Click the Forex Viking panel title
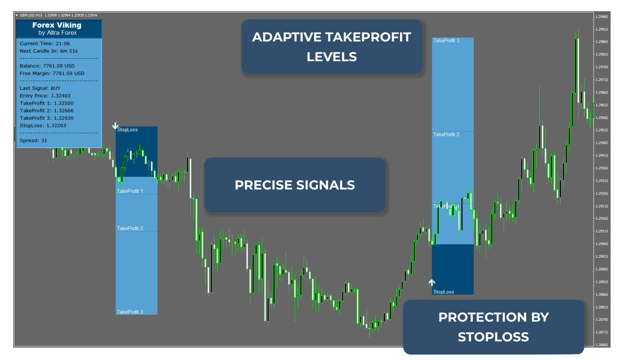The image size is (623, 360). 57,25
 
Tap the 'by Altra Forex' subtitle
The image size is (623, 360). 57,33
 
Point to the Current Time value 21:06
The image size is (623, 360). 62,44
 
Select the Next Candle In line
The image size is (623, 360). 48,51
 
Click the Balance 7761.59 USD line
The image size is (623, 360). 47,66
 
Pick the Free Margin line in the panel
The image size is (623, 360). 52,73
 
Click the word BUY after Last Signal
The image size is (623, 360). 55,88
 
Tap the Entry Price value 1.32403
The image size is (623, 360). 61,96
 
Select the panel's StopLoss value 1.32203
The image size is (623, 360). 56,126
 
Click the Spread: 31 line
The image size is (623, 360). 33,141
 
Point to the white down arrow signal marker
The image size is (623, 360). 115,126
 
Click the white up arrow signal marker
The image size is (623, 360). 432,282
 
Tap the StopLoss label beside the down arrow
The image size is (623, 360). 128,130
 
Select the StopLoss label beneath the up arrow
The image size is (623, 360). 444,292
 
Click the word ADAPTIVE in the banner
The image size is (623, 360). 281,37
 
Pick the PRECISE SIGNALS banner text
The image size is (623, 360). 295,185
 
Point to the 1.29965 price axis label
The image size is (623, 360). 602,17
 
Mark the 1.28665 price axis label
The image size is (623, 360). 602,345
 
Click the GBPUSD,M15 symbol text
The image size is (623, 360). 31,16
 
